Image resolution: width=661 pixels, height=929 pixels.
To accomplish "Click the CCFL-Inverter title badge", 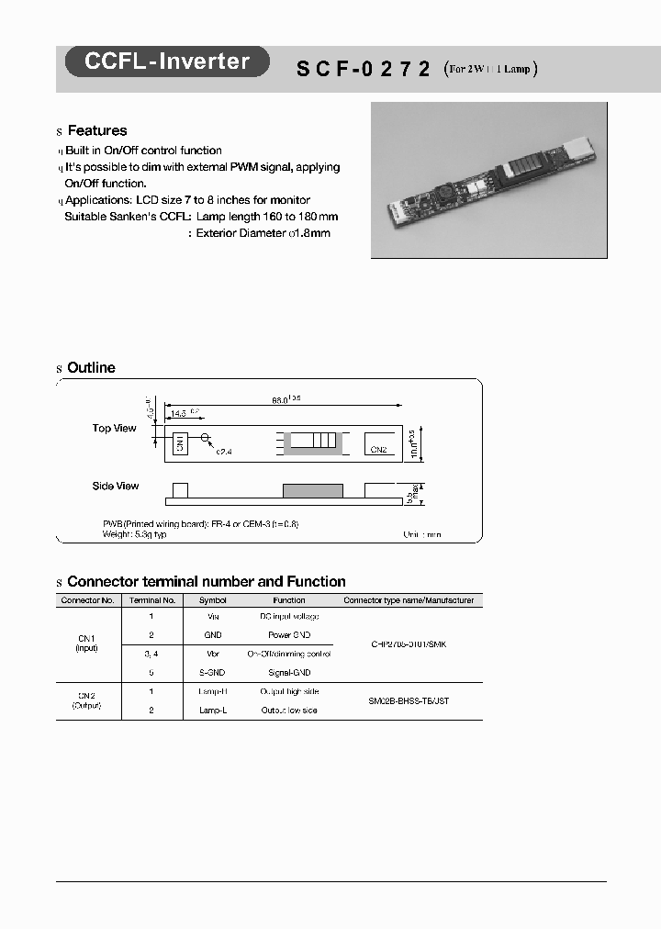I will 166,62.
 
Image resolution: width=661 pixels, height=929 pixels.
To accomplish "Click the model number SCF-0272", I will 363,68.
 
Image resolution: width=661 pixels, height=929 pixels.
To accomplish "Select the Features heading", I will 96,131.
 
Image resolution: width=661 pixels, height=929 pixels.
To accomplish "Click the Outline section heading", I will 91,368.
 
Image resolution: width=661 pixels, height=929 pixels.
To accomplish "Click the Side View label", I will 115,487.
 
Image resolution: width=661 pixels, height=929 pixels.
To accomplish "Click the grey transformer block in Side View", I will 313,490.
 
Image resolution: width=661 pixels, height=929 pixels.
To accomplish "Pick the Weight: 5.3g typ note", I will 134,533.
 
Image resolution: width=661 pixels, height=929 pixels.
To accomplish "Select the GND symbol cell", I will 212,635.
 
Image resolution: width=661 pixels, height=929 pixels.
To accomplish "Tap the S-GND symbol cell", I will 212,673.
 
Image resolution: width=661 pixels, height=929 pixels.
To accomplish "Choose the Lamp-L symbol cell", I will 212,711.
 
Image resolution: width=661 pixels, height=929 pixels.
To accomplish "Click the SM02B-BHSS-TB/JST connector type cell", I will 409,700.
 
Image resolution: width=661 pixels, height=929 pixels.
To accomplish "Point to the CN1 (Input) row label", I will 87,643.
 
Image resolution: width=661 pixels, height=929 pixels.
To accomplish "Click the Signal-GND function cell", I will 289,673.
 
